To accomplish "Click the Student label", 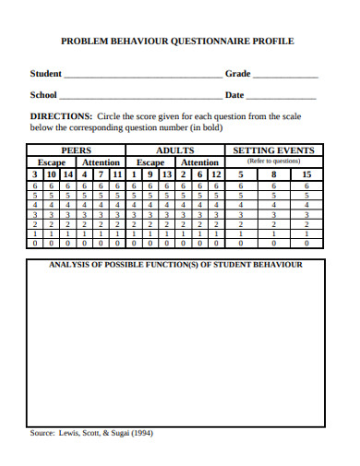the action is pos(46,73).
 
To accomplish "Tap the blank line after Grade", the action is pos(285,74).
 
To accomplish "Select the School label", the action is pos(43,94).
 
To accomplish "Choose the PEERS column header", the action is pos(76,149).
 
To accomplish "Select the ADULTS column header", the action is pos(174,149).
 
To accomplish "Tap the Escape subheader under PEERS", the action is pos(51,161).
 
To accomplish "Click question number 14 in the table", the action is pos(68,173).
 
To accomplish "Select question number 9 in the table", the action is pos(150,173).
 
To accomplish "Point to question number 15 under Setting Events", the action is pos(306,173).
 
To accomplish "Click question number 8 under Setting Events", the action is pos(274,173).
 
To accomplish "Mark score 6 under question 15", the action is pos(306,185).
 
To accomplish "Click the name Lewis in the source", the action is pos(72,432).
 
